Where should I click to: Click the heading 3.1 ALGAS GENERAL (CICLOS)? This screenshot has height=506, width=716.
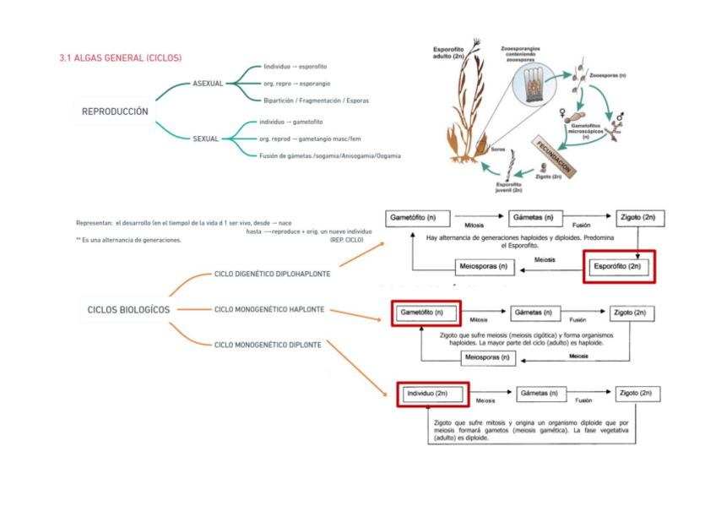point(120,57)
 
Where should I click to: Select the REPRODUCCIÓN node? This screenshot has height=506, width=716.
point(115,112)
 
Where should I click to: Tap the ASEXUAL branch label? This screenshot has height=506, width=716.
point(208,84)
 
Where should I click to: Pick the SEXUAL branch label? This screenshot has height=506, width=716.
point(205,139)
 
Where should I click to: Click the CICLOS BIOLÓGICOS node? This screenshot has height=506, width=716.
point(128,309)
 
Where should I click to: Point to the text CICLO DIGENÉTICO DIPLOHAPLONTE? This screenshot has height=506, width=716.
point(272,275)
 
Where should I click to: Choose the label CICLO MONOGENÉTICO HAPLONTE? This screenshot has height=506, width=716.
point(269,309)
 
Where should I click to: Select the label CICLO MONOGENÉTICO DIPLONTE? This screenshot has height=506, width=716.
point(268,345)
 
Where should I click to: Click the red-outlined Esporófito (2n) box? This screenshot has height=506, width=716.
point(619,267)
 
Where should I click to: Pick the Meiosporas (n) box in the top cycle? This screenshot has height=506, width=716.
point(484,267)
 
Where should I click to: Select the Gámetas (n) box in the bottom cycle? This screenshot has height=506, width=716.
point(538,394)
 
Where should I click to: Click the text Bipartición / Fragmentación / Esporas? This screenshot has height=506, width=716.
point(316,101)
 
